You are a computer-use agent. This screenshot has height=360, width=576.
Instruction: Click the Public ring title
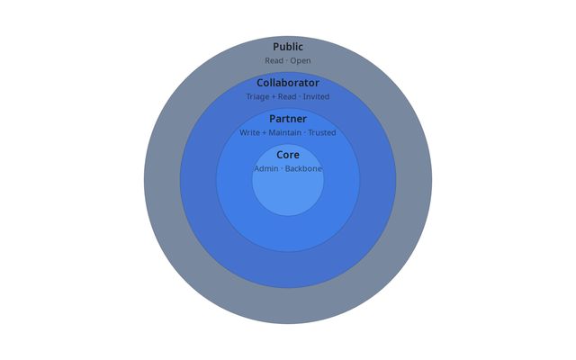[x=288, y=47]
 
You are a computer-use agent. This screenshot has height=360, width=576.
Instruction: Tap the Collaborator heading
[x=288, y=83]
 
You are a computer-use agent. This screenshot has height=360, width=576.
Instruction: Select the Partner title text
[x=288, y=119]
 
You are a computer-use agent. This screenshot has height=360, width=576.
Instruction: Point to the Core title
[x=288, y=155]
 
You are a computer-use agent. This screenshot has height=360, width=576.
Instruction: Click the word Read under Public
[x=274, y=61]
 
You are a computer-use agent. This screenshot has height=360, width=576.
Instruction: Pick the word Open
[x=301, y=61]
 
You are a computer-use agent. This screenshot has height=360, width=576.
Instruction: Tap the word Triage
[x=258, y=96]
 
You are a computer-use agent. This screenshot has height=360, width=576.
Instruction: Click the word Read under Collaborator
[x=287, y=96]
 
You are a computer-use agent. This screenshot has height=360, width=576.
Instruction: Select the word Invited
[x=316, y=96]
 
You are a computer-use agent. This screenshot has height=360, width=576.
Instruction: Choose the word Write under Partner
[x=249, y=133]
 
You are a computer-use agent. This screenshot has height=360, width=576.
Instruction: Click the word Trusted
[x=321, y=133]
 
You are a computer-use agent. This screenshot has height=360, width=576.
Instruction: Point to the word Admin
[x=266, y=169]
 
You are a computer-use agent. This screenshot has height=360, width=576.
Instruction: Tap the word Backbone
[x=303, y=169]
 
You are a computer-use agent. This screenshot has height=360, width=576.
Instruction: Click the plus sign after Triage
[x=274, y=96]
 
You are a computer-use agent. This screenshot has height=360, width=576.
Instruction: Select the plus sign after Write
[x=264, y=133]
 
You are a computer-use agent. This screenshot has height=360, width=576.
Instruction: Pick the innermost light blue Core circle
[x=288, y=193]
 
